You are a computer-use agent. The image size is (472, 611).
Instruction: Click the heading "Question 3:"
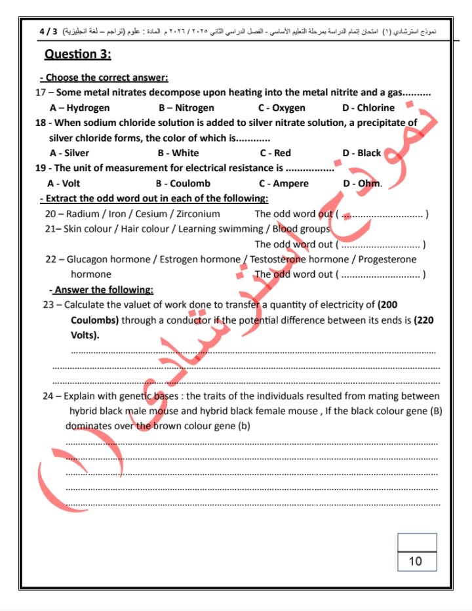pyautogui.click(x=77, y=54)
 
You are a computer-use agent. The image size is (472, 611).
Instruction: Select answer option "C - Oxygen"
pyautogui.click(x=281, y=108)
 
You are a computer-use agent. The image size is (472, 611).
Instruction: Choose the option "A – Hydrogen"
pyautogui.click(x=79, y=108)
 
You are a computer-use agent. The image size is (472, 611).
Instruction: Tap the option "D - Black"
pyautogui.click(x=361, y=153)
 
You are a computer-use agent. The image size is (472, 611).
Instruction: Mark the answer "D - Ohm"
pyautogui.click(x=362, y=183)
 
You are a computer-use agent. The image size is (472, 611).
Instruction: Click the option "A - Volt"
pyautogui.click(x=64, y=183)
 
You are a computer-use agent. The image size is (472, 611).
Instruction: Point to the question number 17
pyautogui.click(x=41, y=93)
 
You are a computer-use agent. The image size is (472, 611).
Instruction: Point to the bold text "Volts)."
pyautogui.click(x=85, y=335)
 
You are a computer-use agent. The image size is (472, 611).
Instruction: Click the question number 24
pyautogui.click(x=50, y=396)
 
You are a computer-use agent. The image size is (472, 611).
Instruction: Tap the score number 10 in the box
pyautogui.click(x=416, y=561)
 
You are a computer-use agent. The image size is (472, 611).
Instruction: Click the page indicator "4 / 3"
pyautogui.click(x=49, y=31)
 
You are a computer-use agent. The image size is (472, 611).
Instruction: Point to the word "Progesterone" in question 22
pyautogui.click(x=387, y=259)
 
